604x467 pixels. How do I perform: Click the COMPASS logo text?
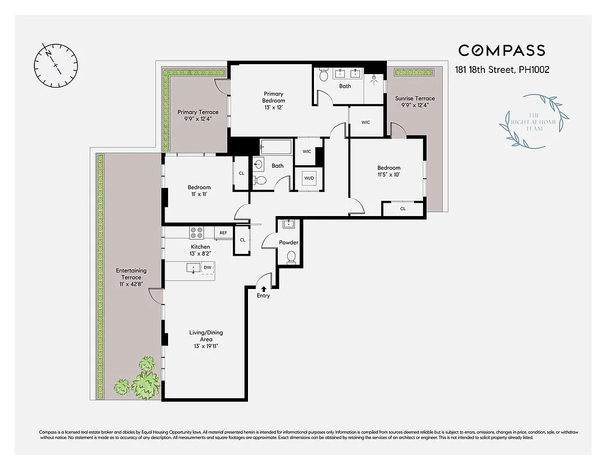tap(501, 51)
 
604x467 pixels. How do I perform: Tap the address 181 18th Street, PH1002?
tap(502, 69)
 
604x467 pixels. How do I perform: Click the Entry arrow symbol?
tap(264, 288)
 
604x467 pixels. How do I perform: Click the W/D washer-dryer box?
tap(309, 179)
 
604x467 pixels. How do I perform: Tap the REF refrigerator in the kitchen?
tap(223, 233)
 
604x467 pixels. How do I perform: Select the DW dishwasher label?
tap(207, 268)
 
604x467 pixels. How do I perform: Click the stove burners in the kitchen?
tap(197, 233)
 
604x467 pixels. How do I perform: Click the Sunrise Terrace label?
tap(415, 102)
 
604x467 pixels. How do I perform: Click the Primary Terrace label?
tap(198, 116)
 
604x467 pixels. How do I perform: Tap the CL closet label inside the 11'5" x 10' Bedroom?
tap(403, 208)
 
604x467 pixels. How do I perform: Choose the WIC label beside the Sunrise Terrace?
tap(366, 123)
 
